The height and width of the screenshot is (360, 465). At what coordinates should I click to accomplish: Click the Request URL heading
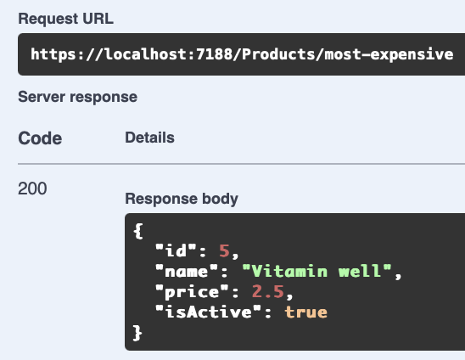pos(66,19)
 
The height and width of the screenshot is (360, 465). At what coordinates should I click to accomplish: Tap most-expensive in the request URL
pos(389,55)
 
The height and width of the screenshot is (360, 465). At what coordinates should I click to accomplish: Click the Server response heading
pos(78,97)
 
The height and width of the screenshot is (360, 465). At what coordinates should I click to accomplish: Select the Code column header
pos(40,138)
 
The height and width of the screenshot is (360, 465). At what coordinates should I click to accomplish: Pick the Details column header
pos(149,138)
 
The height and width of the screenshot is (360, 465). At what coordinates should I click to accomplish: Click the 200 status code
pos(32,188)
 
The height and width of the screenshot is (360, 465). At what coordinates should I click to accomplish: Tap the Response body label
pos(182,199)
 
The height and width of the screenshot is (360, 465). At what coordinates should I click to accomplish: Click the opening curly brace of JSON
pos(138,231)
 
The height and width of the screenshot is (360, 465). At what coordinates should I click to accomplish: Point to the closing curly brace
pos(137,333)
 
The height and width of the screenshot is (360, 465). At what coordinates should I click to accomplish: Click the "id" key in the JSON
pos(176,250)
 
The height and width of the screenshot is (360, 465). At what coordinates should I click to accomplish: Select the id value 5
pos(224,250)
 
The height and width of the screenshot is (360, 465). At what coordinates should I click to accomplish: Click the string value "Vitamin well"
pos(317,271)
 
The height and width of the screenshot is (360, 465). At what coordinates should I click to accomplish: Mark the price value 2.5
pos(268,292)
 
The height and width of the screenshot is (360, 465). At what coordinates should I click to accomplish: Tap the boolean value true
pos(306,312)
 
